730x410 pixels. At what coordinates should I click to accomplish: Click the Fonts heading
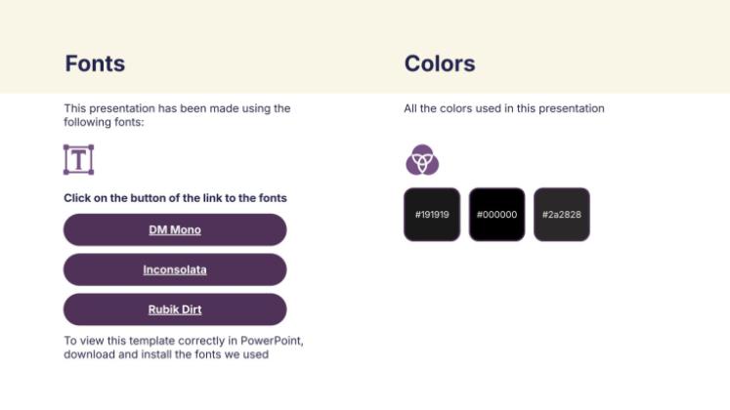tap(95, 63)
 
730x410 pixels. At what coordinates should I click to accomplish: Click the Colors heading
tap(440, 63)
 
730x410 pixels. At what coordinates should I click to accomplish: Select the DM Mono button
tap(175, 230)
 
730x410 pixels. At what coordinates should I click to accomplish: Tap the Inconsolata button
tap(175, 269)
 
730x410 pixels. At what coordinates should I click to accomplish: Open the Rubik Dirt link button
tap(175, 309)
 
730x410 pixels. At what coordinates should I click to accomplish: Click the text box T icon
tap(78, 159)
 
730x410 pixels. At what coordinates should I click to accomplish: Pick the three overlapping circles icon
tap(421, 159)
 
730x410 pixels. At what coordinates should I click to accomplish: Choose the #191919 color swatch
tap(431, 214)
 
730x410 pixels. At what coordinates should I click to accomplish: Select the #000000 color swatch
tap(496, 214)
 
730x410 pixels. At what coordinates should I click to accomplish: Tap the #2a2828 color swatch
tap(561, 214)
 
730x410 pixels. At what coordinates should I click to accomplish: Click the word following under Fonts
tap(88, 122)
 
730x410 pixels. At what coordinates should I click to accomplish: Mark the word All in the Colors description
tap(411, 108)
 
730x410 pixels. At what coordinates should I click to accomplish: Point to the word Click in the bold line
tap(77, 198)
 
